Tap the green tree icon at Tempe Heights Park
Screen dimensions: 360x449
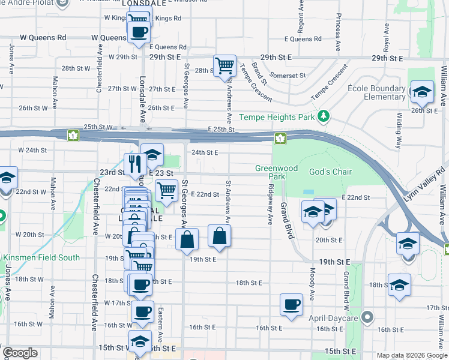pyautogui.click(x=324, y=115)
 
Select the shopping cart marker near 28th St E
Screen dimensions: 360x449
pyautogui.click(x=224, y=66)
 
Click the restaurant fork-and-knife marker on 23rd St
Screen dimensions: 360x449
pyautogui.click(x=134, y=163)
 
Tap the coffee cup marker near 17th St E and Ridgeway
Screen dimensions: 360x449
pyautogui.click(x=292, y=305)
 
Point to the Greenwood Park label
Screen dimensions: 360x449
pyautogui.click(x=276, y=173)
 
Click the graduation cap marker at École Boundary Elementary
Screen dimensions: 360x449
pyautogui.click(x=422, y=91)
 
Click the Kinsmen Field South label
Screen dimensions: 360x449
pyautogui.click(x=41, y=257)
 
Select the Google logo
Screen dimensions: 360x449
pyautogui.click(x=20, y=353)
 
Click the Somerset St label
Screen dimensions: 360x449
pyautogui.click(x=288, y=76)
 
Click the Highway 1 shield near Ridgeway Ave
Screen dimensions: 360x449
pyautogui.click(x=280, y=139)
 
